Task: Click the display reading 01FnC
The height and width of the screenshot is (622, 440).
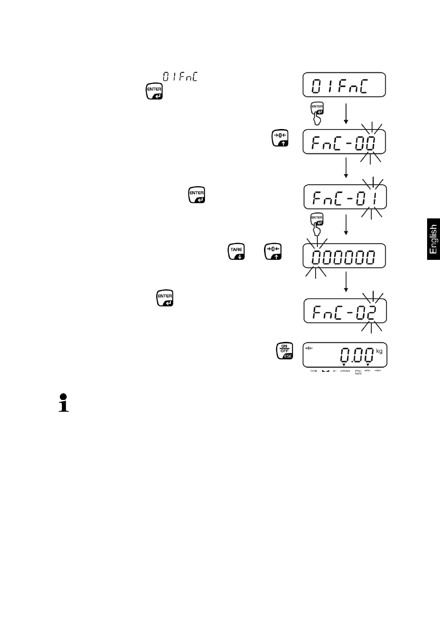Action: click(x=344, y=85)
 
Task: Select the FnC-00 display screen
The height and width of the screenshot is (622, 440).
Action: click(x=344, y=142)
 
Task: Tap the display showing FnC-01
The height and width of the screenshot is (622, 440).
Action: click(x=345, y=197)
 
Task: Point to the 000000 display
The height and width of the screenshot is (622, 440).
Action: click(x=344, y=256)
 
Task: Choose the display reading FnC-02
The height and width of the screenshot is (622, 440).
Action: click(x=345, y=311)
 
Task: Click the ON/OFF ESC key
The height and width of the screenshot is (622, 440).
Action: click(x=284, y=351)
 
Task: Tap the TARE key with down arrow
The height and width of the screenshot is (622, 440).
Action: click(x=236, y=252)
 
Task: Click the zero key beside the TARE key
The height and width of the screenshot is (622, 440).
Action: click(x=273, y=252)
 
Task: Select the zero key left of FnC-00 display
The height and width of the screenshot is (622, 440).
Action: click(x=280, y=138)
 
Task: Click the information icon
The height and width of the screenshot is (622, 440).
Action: click(x=64, y=403)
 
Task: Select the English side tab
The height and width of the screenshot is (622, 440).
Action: click(x=433, y=239)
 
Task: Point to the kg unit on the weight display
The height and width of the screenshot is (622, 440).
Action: click(x=379, y=352)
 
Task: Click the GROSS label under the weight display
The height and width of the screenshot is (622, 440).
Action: click(x=345, y=371)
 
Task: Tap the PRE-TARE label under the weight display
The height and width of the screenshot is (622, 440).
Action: click(x=358, y=372)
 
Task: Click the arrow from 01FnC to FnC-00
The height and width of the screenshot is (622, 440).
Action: click(x=346, y=113)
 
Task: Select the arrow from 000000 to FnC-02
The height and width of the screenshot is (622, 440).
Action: click(x=346, y=282)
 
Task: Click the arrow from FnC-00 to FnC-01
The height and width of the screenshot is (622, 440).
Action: click(x=346, y=168)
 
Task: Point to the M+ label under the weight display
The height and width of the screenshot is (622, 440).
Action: click(x=334, y=371)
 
